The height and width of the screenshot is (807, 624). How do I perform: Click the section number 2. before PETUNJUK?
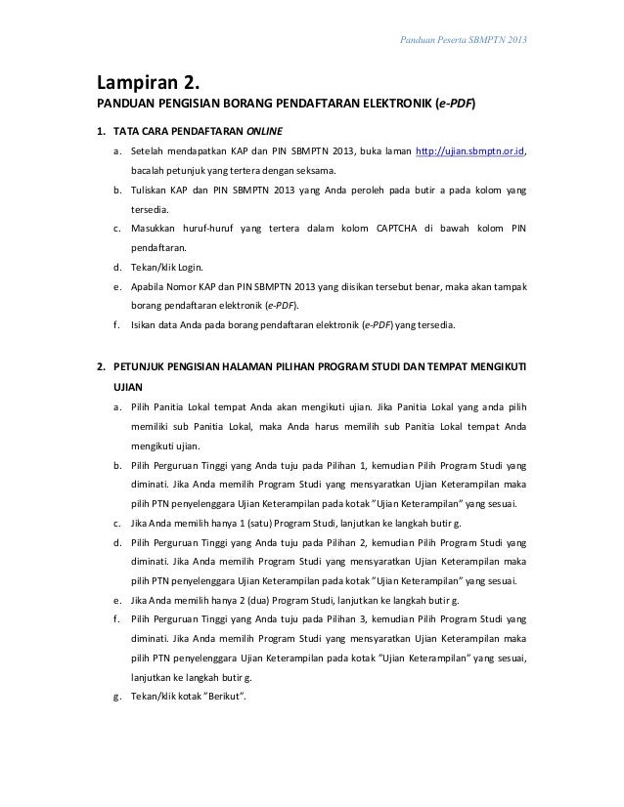[x=101, y=368]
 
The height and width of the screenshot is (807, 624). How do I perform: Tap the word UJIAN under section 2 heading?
[x=130, y=387]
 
